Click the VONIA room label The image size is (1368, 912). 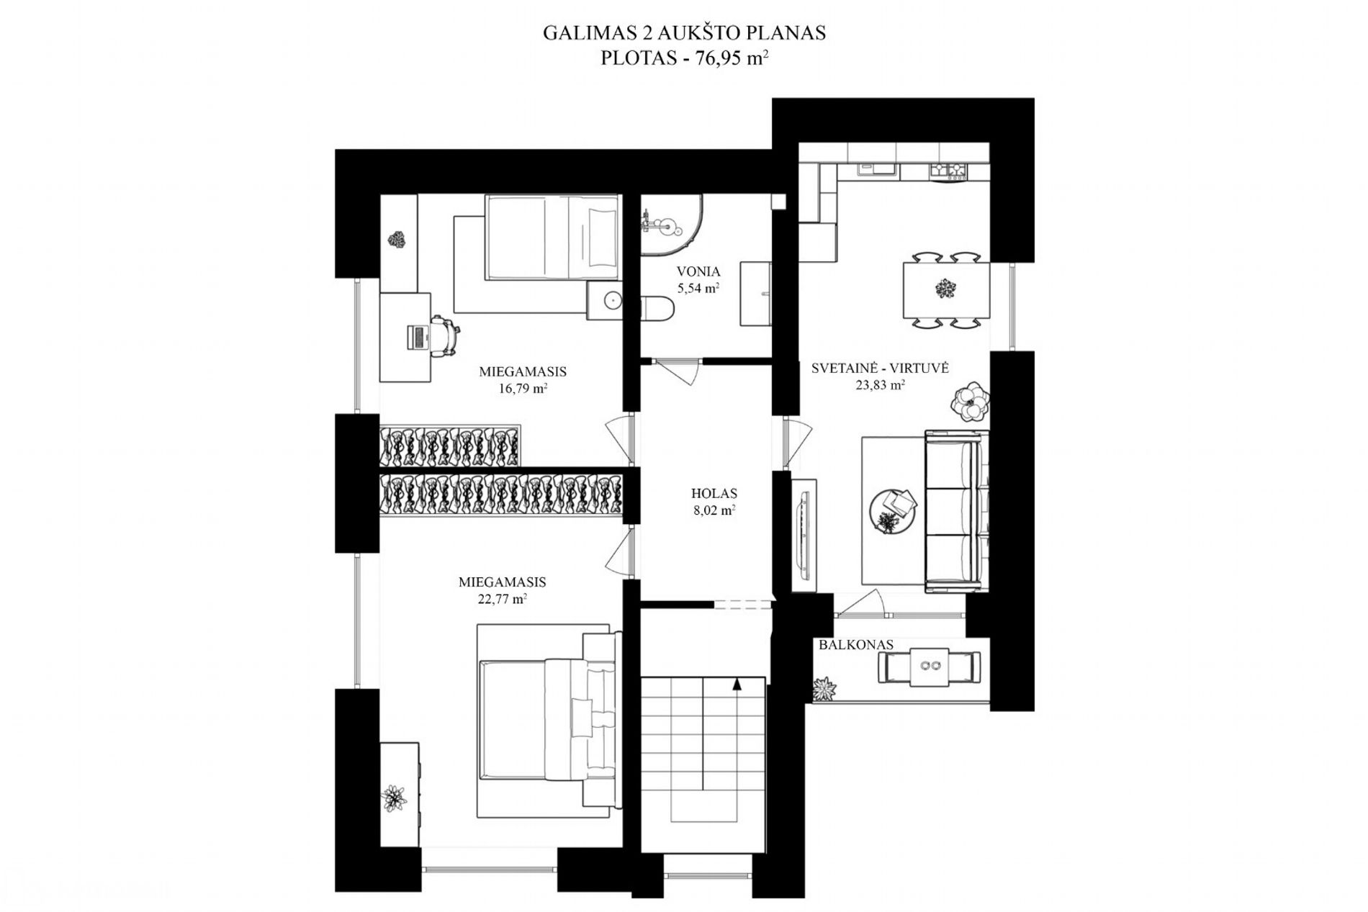698,271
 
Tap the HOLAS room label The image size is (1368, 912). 714,494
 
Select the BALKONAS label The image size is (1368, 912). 855,645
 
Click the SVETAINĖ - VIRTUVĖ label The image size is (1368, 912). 880,369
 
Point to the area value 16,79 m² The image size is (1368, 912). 523,389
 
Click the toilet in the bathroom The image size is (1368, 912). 657,310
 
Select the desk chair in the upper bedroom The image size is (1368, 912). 444,335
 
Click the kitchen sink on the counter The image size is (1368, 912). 875,169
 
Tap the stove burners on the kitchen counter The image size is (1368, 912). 948,170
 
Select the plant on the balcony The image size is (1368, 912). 825,690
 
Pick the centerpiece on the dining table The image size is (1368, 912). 944,289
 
